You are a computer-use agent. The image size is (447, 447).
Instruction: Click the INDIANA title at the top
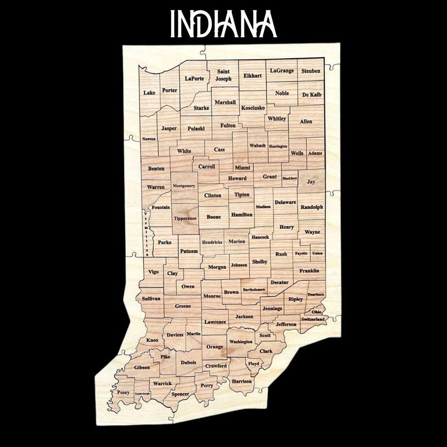pyautogui.click(x=223, y=24)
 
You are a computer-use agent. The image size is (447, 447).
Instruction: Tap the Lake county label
pyautogui.click(x=149, y=93)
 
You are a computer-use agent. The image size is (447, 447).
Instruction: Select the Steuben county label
pyautogui.click(x=311, y=71)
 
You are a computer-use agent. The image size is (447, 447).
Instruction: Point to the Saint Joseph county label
pyautogui.click(x=223, y=75)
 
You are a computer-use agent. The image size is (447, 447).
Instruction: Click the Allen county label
pyautogui.click(x=306, y=122)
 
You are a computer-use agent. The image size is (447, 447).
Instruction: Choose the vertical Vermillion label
pyautogui.click(x=146, y=233)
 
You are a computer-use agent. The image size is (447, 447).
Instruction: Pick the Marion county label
pyautogui.click(x=237, y=242)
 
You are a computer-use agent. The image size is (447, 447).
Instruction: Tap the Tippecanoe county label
pyautogui.click(x=185, y=218)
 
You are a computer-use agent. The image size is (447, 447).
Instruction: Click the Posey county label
pyautogui.click(x=123, y=392)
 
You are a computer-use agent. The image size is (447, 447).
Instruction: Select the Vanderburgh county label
pyautogui.click(x=142, y=393)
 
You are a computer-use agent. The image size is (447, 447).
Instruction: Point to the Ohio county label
pyautogui.click(x=316, y=312)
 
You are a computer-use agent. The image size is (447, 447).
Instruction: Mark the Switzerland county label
pyautogui.click(x=312, y=320)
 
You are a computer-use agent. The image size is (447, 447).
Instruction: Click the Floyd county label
pyautogui.click(x=254, y=364)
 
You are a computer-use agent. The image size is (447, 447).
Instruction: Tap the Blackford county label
pyautogui.click(x=290, y=178)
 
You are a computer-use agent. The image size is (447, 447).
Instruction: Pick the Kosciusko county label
pyautogui.click(x=253, y=108)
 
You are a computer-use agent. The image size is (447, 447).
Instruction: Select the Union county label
pyautogui.click(x=317, y=253)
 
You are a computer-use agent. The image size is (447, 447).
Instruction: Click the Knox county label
pyautogui.click(x=152, y=340)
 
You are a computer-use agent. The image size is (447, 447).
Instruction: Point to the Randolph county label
pyautogui.click(x=312, y=207)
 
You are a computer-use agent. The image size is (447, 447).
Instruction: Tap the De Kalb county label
pyautogui.click(x=312, y=95)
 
